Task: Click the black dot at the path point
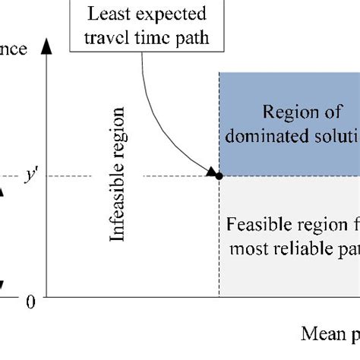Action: (219, 176)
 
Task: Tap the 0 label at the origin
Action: (31, 302)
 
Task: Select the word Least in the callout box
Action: (103, 14)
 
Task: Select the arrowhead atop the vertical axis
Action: (47, 46)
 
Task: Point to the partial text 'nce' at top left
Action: (14, 50)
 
